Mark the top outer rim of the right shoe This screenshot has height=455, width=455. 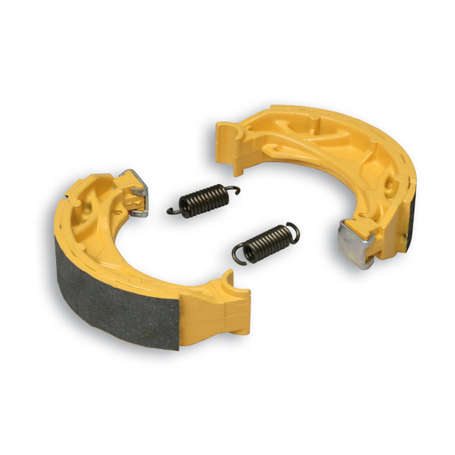point(320,116)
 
